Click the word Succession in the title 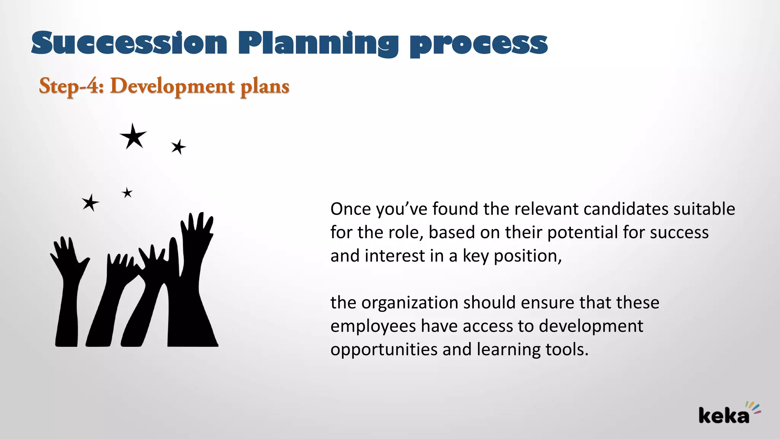[x=129, y=43]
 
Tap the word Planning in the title [x=318, y=43]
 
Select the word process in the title [x=478, y=44]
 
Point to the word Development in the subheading [x=172, y=86]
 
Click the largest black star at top [x=133, y=136]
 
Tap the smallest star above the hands [x=127, y=193]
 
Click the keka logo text [x=723, y=415]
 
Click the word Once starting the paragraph [x=350, y=209]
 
